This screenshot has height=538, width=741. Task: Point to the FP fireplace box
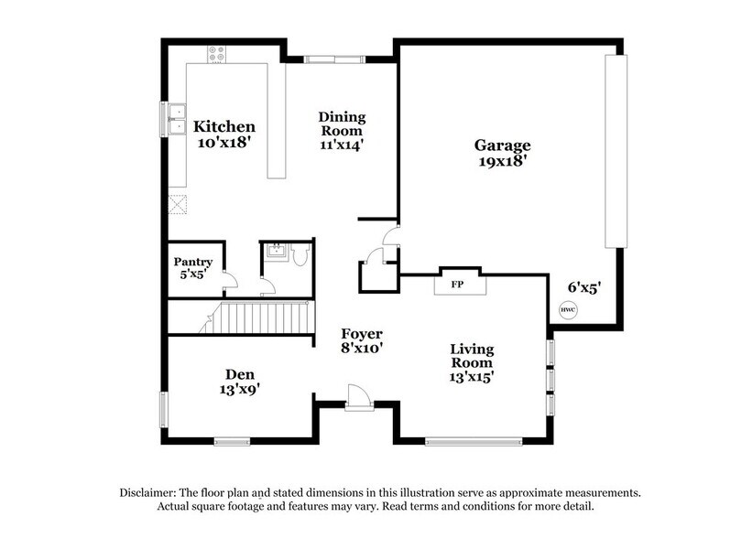point(456,284)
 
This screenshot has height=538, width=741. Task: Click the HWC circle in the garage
point(568,310)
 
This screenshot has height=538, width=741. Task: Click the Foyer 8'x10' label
point(362,340)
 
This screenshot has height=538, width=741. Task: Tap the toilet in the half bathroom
point(300,257)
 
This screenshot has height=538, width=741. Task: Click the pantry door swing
point(231,282)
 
